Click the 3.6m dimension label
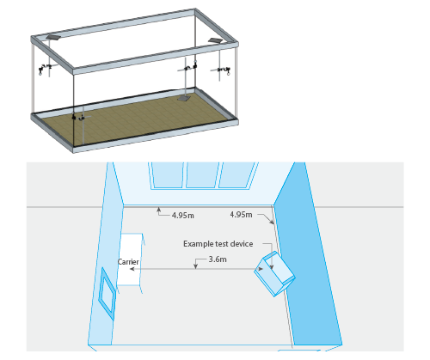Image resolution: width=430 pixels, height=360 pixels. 218,259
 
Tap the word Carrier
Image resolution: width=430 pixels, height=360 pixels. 128,262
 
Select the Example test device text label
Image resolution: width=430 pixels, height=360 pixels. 218,244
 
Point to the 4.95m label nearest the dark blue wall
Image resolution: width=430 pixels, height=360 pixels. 241,215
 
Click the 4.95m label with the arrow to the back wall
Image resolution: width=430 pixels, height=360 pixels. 183,216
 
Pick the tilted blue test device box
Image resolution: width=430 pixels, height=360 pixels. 274,273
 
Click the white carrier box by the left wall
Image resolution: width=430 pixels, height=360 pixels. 131,259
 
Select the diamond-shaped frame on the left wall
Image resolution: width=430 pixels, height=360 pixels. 107,293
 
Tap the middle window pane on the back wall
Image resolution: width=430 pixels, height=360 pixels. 202,174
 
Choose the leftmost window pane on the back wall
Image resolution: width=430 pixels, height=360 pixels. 167,174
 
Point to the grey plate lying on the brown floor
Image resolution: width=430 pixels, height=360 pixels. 183,99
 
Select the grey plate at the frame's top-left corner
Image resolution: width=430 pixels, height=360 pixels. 53,37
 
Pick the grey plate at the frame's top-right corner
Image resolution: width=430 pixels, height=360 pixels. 215,41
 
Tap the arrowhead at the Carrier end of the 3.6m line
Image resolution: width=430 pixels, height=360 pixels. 132,269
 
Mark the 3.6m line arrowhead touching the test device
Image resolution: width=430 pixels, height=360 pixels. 261,269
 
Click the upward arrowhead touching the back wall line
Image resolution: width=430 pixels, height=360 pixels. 158,210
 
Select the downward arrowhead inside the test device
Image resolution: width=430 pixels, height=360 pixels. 272,266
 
